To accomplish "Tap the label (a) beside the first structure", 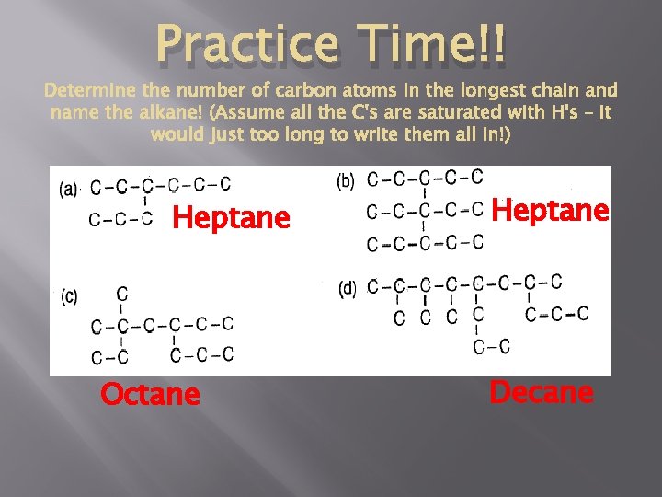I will (x=69, y=191).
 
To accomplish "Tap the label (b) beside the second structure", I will (x=346, y=180).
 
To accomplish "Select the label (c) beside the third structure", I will (x=70, y=296).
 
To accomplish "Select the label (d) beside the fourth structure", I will (x=348, y=288).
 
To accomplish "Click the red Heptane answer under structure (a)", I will (x=231, y=218).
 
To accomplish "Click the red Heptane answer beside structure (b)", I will (x=551, y=211).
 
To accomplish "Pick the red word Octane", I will (x=150, y=394).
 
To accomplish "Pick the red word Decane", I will (x=542, y=392).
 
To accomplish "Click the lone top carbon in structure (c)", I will (x=122, y=295).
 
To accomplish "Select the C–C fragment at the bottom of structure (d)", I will (x=491, y=346).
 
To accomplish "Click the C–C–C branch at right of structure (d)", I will (x=556, y=315).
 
